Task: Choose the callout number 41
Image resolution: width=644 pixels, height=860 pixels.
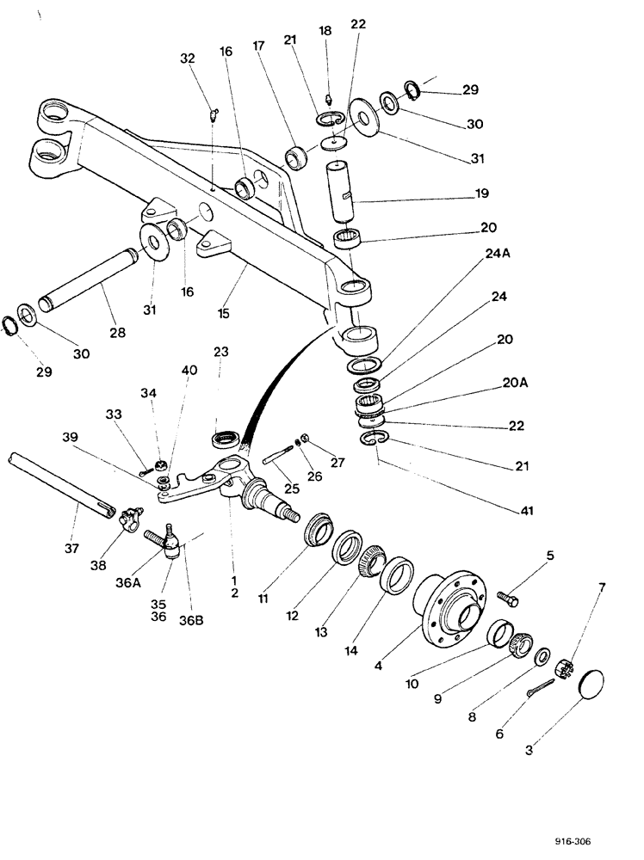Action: click(x=528, y=511)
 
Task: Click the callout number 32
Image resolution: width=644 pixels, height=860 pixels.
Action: click(x=188, y=58)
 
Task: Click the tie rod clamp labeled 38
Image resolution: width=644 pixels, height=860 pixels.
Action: click(x=132, y=520)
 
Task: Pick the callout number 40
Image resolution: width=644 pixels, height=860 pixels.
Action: click(x=189, y=371)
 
